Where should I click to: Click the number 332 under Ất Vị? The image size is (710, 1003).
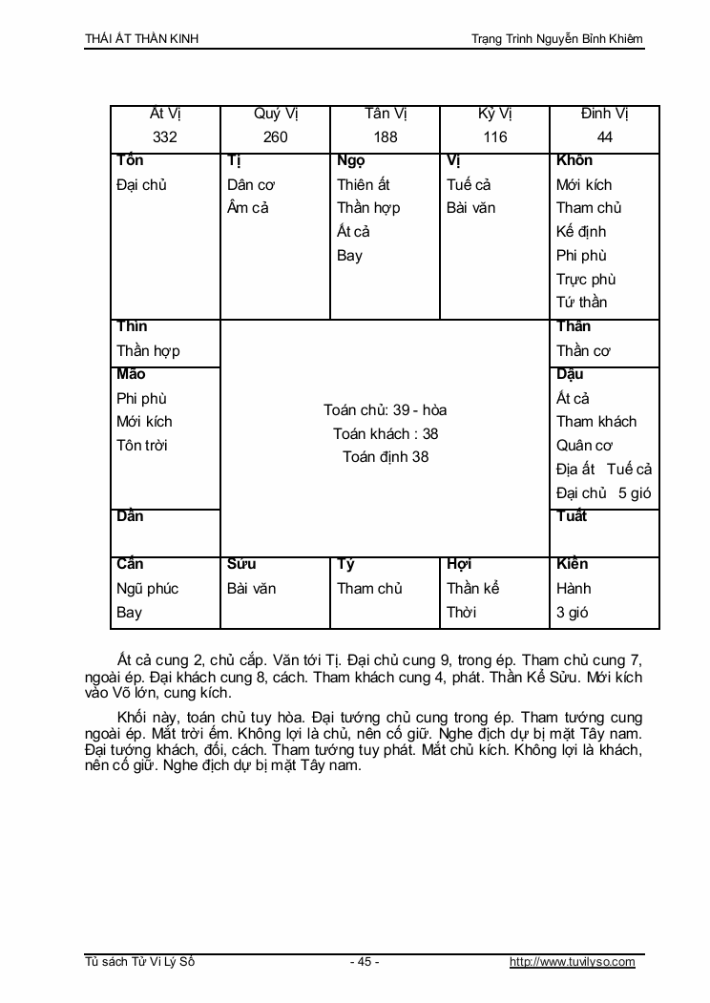click(165, 137)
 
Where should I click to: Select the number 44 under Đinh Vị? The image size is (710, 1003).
click(605, 137)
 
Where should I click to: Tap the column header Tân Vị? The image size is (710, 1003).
click(386, 114)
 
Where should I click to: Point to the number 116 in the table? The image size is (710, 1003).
click(495, 137)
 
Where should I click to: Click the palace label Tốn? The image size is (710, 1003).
click(130, 160)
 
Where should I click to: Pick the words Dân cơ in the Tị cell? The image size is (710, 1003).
click(252, 185)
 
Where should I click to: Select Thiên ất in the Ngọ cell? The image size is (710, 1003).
click(364, 185)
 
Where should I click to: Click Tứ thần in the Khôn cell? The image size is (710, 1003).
click(582, 303)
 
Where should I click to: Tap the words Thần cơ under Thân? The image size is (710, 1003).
click(584, 350)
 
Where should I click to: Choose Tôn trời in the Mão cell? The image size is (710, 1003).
click(142, 445)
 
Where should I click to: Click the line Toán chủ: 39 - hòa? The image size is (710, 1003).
click(386, 410)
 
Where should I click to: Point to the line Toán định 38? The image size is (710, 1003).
click(386, 457)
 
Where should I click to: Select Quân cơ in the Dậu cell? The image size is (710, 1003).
click(585, 445)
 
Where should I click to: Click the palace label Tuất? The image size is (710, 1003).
click(572, 516)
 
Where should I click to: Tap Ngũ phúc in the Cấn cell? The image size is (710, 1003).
click(148, 588)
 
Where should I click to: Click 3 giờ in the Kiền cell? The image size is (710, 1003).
click(573, 612)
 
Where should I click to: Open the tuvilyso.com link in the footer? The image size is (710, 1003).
click(573, 962)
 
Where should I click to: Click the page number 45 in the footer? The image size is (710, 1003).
click(365, 962)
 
